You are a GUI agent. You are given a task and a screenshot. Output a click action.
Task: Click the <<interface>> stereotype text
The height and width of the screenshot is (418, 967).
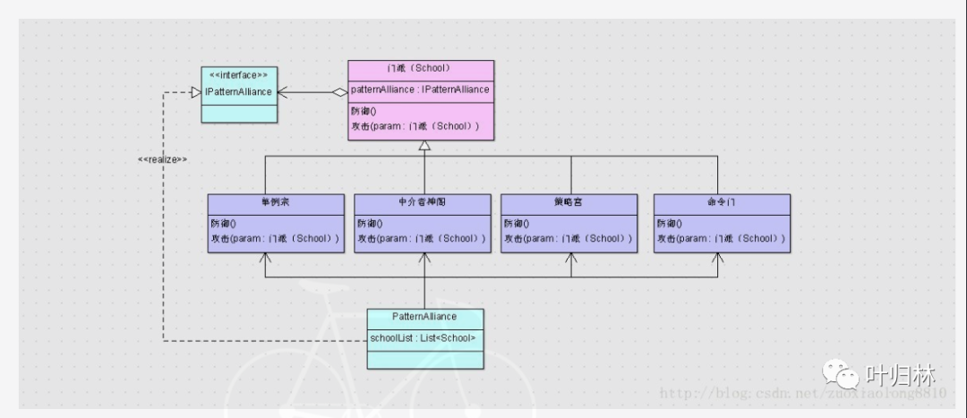[237, 74]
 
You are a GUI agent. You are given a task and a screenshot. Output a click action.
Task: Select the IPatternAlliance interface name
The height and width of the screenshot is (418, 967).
[238, 91]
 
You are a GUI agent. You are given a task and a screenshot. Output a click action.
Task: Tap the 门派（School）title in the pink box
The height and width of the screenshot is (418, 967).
[418, 68]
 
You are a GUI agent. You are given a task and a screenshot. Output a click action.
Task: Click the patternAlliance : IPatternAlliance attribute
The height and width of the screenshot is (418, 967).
[420, 90]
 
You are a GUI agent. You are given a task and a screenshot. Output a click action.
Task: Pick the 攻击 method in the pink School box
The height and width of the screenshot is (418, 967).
[415, 126]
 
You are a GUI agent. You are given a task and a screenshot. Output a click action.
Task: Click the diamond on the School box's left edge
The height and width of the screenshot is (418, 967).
[339, 91]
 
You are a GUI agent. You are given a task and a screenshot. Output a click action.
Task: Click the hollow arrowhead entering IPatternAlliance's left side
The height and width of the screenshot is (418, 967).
[197, 91]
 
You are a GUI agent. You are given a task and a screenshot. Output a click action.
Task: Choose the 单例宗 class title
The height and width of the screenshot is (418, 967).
[276, 202]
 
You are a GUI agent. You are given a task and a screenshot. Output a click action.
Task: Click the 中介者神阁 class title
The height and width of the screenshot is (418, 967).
[422, 202]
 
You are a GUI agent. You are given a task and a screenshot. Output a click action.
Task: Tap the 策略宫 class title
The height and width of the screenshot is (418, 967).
[569, 202]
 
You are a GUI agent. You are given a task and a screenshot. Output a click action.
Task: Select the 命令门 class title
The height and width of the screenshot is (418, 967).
[722, 202]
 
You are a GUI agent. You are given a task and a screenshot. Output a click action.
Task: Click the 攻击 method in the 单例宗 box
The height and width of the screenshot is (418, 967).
[275, 239]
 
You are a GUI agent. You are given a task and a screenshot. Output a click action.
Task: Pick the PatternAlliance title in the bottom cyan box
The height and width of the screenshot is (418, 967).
[424, 317]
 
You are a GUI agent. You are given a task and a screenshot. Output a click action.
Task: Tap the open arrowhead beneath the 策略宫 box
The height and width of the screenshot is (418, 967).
[571, 259]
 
